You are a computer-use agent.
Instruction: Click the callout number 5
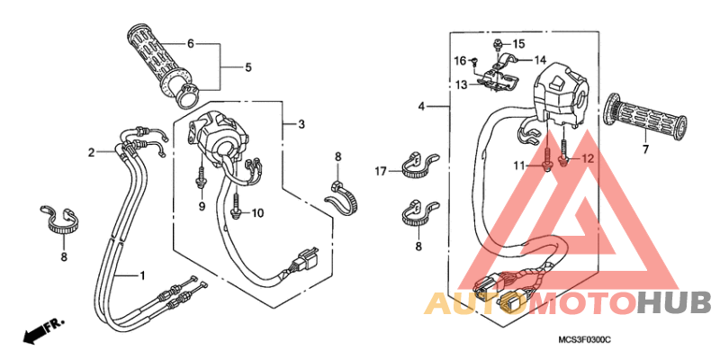click(x=248, y=67)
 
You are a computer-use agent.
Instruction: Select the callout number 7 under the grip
click(x=645, y=149)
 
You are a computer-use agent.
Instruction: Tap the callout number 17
click(x=382, y=172)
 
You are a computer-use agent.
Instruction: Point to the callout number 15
click(x=518, y=44)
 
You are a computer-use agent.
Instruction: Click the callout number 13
click(x=461, y=85)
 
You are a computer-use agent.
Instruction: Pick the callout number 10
click(x=257, y=213)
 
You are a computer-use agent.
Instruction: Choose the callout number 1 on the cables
click(x=142, y=275)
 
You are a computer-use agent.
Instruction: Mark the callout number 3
click(x=301, y=124)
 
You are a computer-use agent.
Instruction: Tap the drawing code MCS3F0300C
click(x=584, y=340)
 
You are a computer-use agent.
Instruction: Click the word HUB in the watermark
click(x=676, y=303)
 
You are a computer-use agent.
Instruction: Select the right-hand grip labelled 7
click(x=646, y=113)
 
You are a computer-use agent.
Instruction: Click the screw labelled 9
click(x=201, y=176)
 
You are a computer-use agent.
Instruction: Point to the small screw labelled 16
click(x=476, y=59)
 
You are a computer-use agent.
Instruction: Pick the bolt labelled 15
click(x=497, y=44)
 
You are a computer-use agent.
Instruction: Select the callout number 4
click(x=421, y=106)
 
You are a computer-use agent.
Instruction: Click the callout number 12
click(x=588, y=159)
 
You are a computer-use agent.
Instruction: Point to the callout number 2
click(x=92, y=152)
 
